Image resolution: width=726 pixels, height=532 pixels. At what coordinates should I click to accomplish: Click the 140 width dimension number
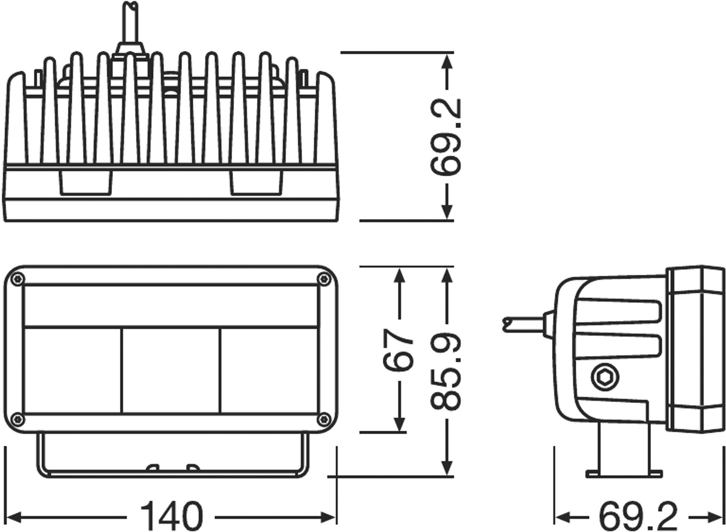coord(171,517)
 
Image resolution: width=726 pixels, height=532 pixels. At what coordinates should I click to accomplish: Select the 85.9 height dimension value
coord(446,372)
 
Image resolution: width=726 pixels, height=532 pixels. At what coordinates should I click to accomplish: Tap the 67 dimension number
coord(398,350)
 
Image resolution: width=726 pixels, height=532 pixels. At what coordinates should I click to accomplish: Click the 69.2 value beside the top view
coord(446,138)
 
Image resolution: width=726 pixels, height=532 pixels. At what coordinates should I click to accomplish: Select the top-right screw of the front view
coord(324,279)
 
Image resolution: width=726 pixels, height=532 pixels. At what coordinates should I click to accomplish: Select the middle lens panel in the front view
coord(171,370)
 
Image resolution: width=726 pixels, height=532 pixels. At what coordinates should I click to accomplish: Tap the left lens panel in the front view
coord(73,370)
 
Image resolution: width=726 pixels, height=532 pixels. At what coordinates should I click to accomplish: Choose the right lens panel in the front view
coord(269,370)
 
